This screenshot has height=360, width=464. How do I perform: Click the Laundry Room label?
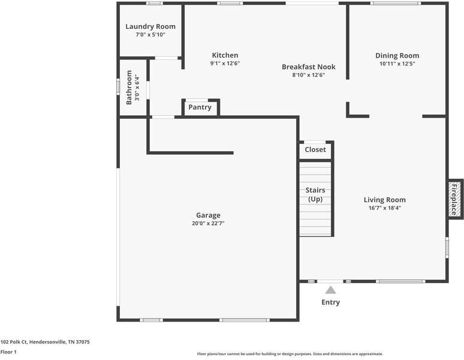point(150,26)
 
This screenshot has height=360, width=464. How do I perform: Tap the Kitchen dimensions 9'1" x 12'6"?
point(225,63)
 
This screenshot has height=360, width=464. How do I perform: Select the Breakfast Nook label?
point(309,67)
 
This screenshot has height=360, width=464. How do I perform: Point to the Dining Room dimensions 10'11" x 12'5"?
point(397,64)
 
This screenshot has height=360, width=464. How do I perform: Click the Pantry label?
point(200,107)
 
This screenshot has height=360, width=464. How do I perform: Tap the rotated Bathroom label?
point(129,88)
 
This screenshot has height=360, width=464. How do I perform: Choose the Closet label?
point(315,149)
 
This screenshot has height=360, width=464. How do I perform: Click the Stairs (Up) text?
point(315,194)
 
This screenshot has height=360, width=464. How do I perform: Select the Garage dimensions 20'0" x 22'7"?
point(208,223)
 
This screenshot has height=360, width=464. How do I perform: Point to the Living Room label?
point(385,200)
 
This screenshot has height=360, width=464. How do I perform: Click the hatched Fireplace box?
point(454,199)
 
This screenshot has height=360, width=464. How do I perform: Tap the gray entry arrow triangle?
point(330,290)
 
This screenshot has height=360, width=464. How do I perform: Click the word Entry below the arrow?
point(330,302)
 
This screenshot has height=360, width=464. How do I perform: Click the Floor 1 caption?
point(8,352)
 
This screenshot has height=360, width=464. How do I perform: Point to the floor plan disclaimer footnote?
point(290,354)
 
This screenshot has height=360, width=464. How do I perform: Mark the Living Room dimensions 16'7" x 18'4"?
point(385,208)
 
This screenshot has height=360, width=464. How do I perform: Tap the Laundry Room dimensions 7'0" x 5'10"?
point(150,35)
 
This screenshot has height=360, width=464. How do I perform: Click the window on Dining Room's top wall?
point(396,3)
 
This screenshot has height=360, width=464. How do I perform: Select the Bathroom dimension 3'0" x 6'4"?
point(137,88)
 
